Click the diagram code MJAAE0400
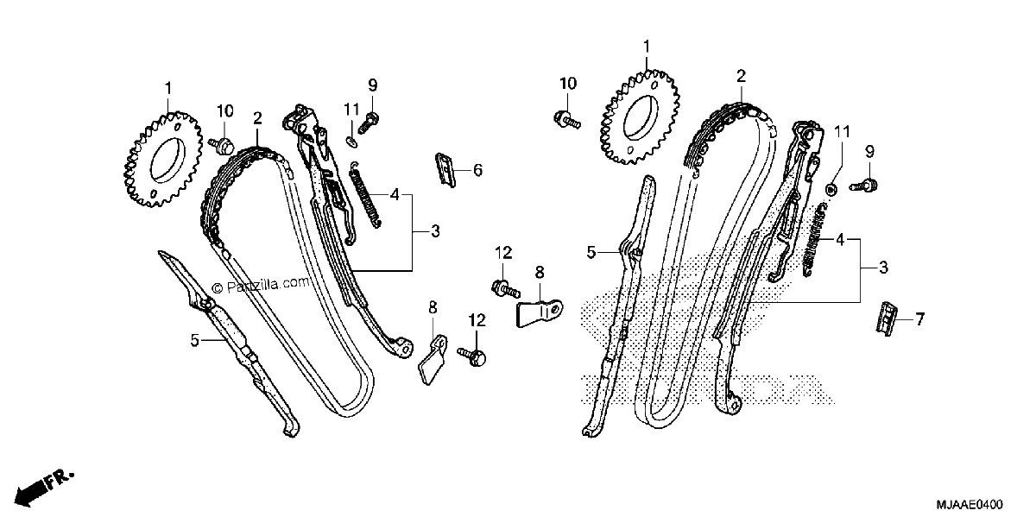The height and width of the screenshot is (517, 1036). pos(970,503)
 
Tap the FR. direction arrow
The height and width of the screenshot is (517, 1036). pos(44,489)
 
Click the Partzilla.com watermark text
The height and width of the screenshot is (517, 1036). pos(261,285)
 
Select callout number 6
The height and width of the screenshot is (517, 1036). pos(477,170)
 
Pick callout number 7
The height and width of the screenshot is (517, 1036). pos(919,319)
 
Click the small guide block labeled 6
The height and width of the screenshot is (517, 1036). pos(445,170)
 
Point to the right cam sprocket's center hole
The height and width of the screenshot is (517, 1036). pos(641,117)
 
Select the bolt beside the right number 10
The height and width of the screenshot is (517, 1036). pos(567,120)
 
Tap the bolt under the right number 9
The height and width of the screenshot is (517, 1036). pos(864,186)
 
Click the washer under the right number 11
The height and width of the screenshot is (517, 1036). pos(831,189)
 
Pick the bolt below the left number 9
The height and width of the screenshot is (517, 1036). pos(369,123)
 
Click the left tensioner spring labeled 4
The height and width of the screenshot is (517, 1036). pos(365,195)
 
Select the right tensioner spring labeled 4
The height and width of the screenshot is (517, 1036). pos(814,241)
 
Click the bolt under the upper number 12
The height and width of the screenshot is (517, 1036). pos(506,289)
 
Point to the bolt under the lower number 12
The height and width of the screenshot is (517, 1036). pos(472,356)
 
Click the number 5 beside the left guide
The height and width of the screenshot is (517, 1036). pos(195,341)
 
